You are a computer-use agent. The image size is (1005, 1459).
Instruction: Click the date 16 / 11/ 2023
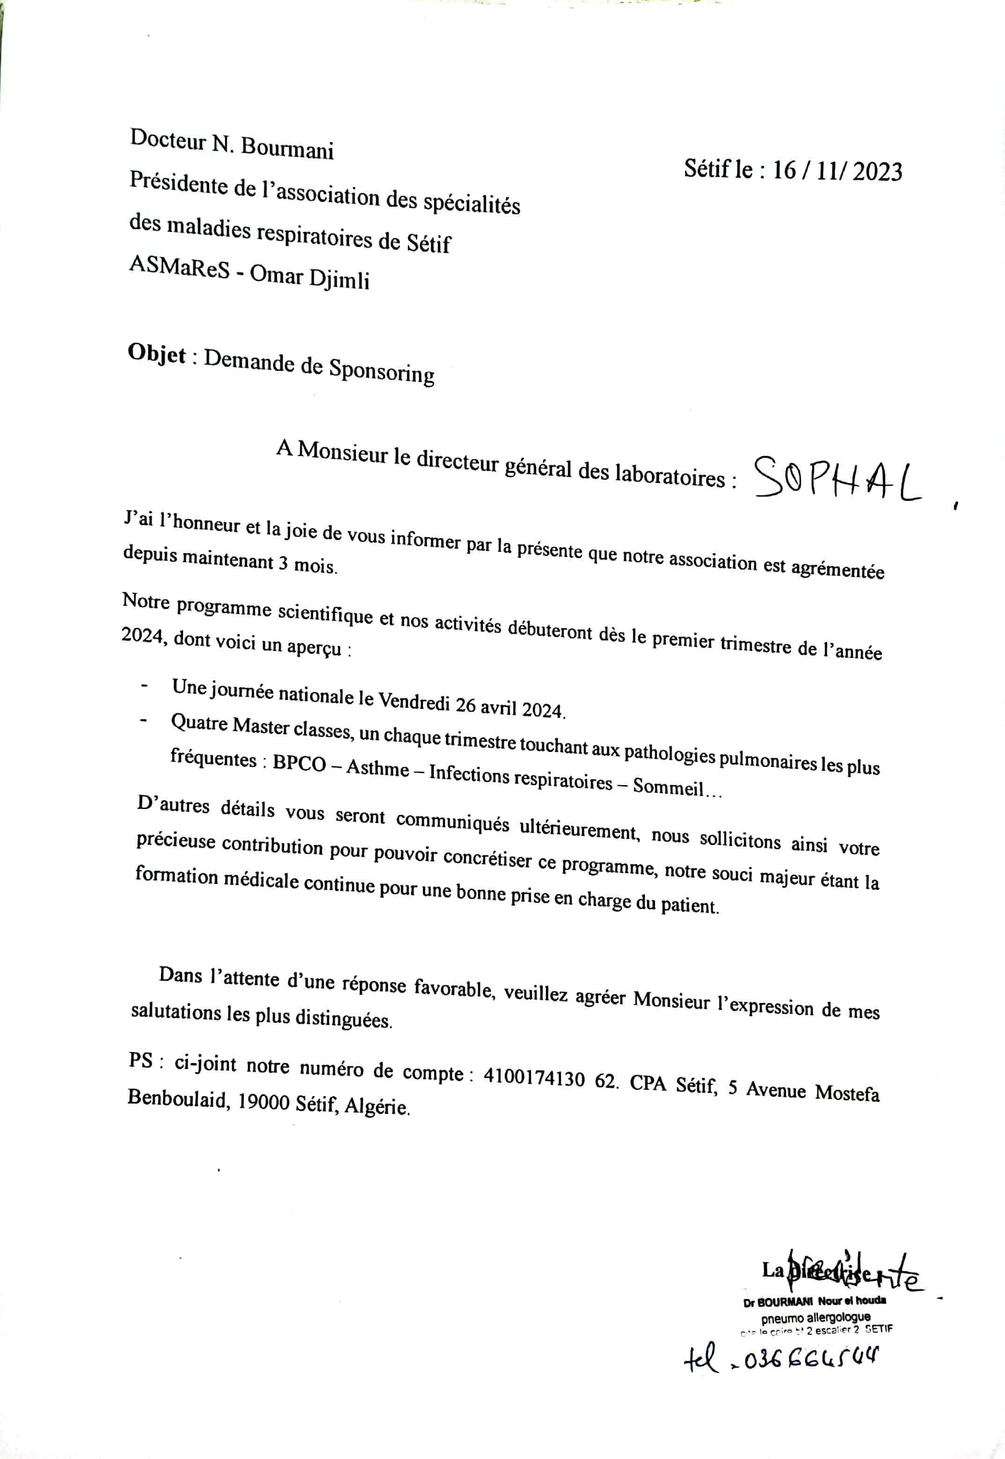(837, 171)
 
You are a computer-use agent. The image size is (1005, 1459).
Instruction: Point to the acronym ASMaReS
(180, 267)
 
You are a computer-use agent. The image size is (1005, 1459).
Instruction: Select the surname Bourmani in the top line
(287, 148)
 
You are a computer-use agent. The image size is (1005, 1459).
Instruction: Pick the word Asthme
(378, 768)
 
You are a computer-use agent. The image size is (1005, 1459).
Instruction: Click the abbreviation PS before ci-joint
(141, 1061)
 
